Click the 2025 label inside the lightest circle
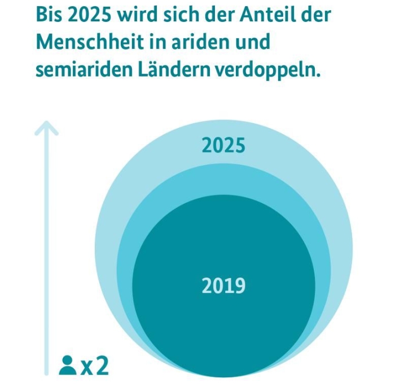[x=224, y=146]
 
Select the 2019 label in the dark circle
[x=224, y=287]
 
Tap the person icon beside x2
[x=67, y=365]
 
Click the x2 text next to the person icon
[x=94, y=366]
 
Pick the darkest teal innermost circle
[x=224, y=327]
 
